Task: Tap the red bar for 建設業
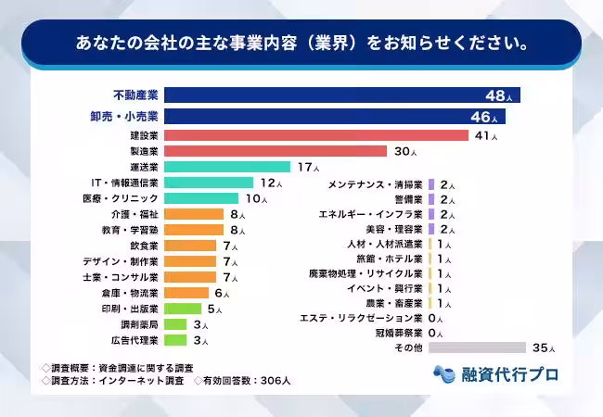click(x=315, y=135)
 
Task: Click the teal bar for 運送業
click(x=228, y=167)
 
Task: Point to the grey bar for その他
click(x=479, y=347)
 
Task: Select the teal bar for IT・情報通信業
click(x=209, y=183)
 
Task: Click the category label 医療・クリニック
click(x=121, y=198)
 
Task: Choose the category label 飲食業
click(x=144, y=246)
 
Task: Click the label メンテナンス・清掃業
click(x=376, y=185)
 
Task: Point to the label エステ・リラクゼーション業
click(x=361, y=317)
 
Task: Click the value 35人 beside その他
click(x=544, y=348)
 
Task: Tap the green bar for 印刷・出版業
click(x=183, y=309)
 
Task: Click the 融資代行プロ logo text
click(x=509, y=374)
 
